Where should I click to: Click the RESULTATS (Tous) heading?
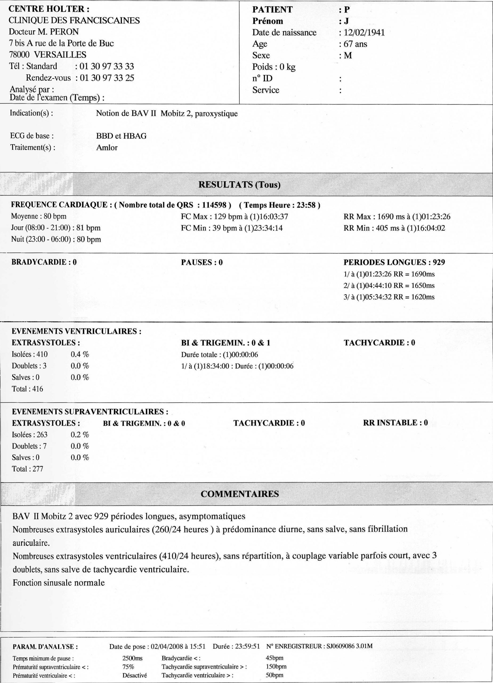coord(239,185)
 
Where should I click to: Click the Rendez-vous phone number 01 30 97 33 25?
coord(107,78)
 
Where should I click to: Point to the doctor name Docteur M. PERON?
coord(44,32)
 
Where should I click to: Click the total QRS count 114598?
coord(214,205)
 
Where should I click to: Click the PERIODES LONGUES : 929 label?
coord(394,262)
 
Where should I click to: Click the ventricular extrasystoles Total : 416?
coord(27,389)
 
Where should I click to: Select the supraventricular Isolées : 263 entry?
coord(30,435)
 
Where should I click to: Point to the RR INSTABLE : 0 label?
coord(395,423)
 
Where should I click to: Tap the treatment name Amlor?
coord(107,148)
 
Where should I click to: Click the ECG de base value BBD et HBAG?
coord(121,136)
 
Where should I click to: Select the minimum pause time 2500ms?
coord(132,658)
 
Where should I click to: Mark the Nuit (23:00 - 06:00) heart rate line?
coord(56,239)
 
